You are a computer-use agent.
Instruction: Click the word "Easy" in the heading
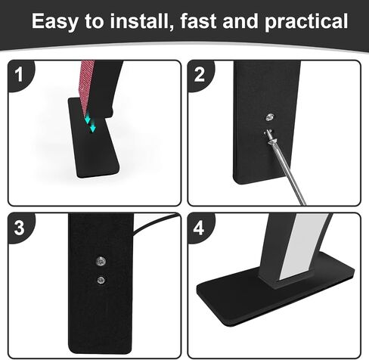(x=54, y=21)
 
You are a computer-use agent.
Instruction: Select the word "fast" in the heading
(x=198, y=20)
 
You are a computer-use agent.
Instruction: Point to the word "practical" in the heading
(x=306, y=22)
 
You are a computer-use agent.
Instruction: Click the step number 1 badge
(x=19, y=74)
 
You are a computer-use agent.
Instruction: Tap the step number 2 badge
(x=200, y=74)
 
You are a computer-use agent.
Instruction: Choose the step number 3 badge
(x=20, y=228)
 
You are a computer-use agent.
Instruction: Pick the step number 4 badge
(x=199, y=228)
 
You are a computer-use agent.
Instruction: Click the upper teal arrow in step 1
(x=88, y=119)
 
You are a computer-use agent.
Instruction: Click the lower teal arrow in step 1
(x=93, y=127)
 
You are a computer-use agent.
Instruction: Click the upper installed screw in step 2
(x=270, y=117)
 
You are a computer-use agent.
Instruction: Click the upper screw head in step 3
(x=101, y=261)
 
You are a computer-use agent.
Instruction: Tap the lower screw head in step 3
(x=101, y=280)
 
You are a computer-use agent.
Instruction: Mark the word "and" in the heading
(x=240, y=20)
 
